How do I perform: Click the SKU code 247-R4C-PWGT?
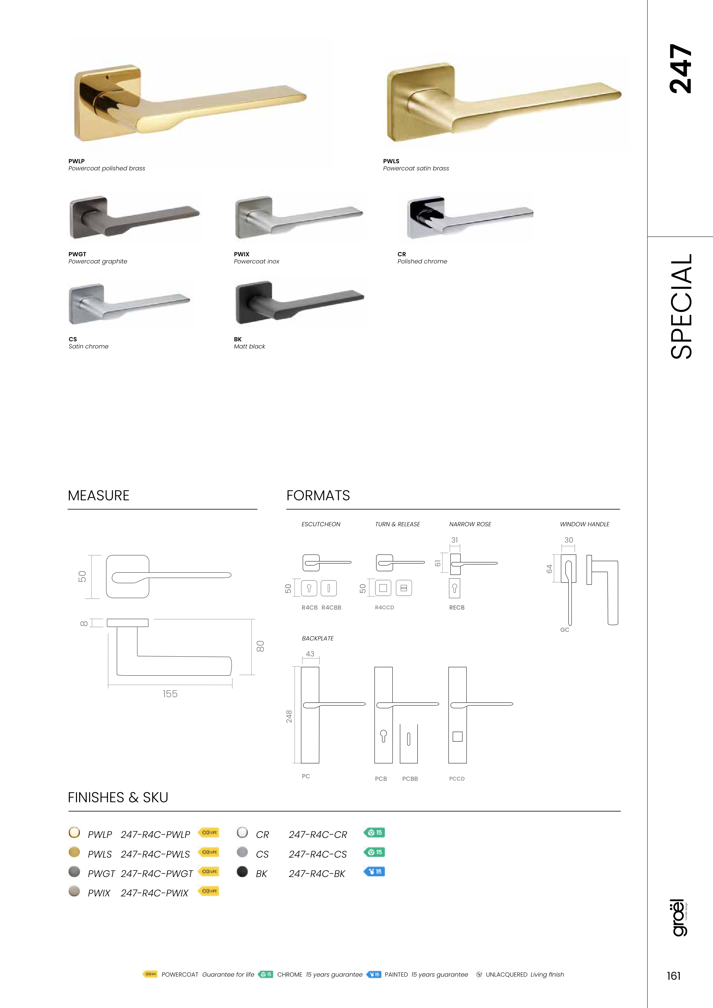(156, 874)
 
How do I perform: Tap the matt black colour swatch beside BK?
(242, 872)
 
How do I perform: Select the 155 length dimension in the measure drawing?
(170, 694)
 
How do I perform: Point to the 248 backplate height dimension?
(289, 716)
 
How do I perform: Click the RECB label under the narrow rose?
(457, 608)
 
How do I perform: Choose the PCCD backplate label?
(457, 778)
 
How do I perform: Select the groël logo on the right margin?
(679, 918)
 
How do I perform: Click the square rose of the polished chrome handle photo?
(425, 217)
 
